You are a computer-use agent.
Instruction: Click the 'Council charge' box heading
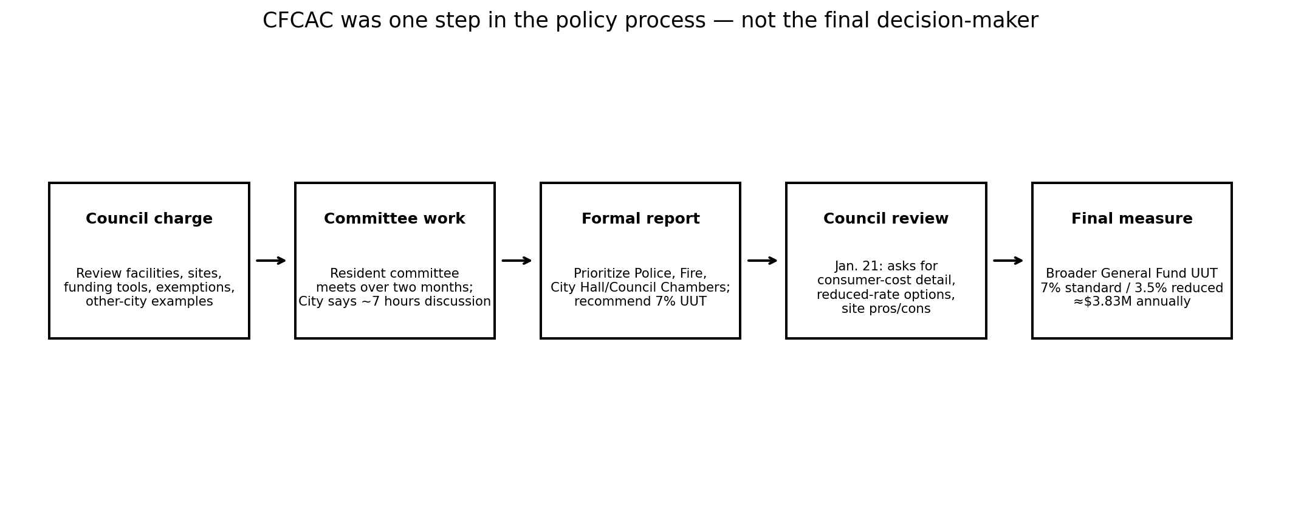click(149, 219)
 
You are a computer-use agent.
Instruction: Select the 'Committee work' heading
click(394, 219)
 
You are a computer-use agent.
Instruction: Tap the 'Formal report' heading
click(640, 219)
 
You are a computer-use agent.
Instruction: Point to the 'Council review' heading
click(886, 219)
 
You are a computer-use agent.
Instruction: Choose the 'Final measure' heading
click(1131, 219)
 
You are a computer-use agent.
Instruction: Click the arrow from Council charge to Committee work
click(271, 261)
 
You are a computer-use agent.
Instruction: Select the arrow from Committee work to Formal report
click(517, 261)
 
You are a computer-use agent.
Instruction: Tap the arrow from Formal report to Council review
click(763, 261)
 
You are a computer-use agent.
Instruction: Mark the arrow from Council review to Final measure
click(1008, 261)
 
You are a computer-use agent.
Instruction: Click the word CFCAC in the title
click(298, 21)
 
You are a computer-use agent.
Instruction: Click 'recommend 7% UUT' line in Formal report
click(640, 302)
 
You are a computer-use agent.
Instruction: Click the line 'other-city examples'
click(149, 302)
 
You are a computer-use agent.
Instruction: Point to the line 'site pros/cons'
click(886, 309)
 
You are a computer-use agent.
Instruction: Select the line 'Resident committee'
click(394, 274)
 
